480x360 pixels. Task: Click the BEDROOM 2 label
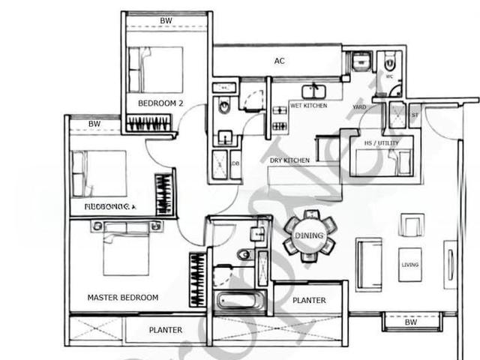click(x=160, y=103)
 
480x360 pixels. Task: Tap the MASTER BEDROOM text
click(x=122, y=298)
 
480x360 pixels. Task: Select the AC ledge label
click(x=280, y=61)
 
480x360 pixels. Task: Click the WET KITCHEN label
click(x=308, y=106)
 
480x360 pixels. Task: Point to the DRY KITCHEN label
click(x=289, y=160)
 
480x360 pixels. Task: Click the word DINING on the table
click(x=309, y=235)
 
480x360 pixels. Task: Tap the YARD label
click(x=360, y=106)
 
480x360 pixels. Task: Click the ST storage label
click(x=415, y=115)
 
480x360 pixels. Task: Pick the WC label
click(x=388, y=76)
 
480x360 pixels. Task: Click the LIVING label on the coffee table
click(x=409, y=264)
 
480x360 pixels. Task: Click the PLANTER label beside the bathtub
click(x=309, y=300)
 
